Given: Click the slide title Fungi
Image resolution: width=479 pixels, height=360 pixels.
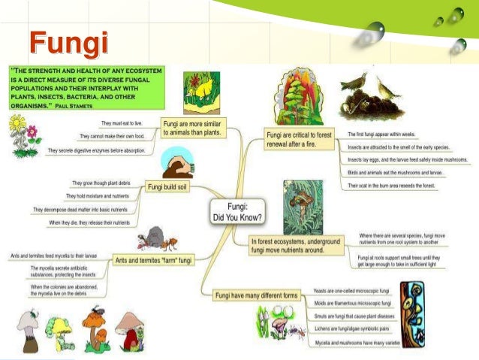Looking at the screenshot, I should tap(68, 43).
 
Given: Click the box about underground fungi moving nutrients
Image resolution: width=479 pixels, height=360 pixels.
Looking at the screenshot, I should tap(296, 245).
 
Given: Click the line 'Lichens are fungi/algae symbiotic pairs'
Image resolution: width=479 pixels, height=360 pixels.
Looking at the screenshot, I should tap(354, 329).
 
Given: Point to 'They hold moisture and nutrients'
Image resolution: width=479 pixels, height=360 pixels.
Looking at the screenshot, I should tap(104, 196).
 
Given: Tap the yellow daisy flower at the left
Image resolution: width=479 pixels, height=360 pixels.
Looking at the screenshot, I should tap(17, 125).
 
